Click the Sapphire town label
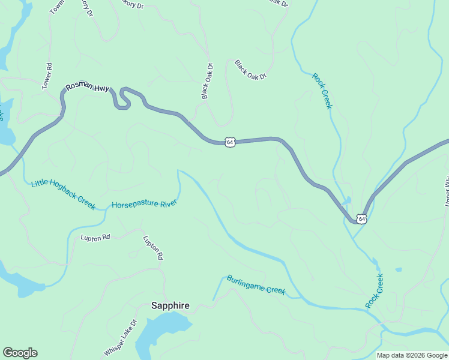tap(170, 305)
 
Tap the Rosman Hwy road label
tap(87, 87)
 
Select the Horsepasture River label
tap(144, 204)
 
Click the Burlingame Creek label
tap(256, 284)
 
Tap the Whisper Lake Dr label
tap(121, 337)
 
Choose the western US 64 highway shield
tap(230, 142)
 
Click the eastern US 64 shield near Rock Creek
tap(361, 219)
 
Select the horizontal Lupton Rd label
tap(95, 237)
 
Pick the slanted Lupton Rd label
tap(153, 247)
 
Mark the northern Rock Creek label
tap(322, 91)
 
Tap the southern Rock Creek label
tap(375, 291)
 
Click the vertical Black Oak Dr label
tap(207, 81)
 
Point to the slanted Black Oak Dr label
tap(250, 70)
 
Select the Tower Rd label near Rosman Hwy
tap(47, 77)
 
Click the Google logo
tap(20, 353)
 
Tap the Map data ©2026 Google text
tap(412, 355)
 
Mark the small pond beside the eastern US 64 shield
tap(348, 200)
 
